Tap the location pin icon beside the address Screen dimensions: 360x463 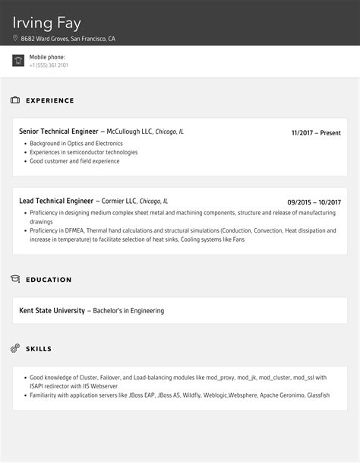pyautogui.click(x=15, y=38)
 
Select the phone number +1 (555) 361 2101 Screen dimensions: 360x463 pyautogui.click(x=49, y=65)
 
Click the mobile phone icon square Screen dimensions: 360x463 pyautogui.click(x=18, y=61)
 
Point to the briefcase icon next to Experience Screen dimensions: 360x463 pyautogui.click(x=15, y=100)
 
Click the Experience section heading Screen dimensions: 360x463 pyautogui.click(x=50, y=100)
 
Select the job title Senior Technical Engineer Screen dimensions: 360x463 pyautogui.click(x=59, y=132)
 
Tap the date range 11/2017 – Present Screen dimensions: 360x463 pyautogui.click(x=316, y=133)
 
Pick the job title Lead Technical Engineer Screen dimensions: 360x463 pyautogui.click(x=55, y=201)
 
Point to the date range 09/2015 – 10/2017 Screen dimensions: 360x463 pyautogui.click(x=314, y=202)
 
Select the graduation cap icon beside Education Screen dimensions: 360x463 pyautogui.click(x=15, y=280)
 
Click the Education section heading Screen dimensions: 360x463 pyautogui.click(x=49, y=280)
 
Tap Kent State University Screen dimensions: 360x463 pyautogui.click(x=52, y=310)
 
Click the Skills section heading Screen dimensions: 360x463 pyautogui.click(x=39, y=349)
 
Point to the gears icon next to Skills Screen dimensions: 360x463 pyautogui.click(x=15, y=349)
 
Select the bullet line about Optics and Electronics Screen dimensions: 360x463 pyautogui.click(x=76, y=143)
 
